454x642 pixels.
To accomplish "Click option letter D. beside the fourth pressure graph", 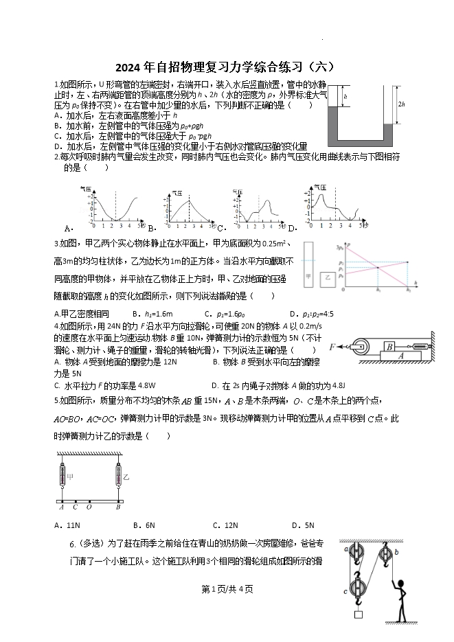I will (x=292, y=228).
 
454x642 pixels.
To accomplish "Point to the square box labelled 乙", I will (x=328, y=278).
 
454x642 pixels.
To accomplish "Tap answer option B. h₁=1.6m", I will (x=155, y=314).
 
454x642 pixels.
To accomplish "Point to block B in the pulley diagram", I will (x=389, y=347).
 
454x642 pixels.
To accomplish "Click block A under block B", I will (x=400, y=356).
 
